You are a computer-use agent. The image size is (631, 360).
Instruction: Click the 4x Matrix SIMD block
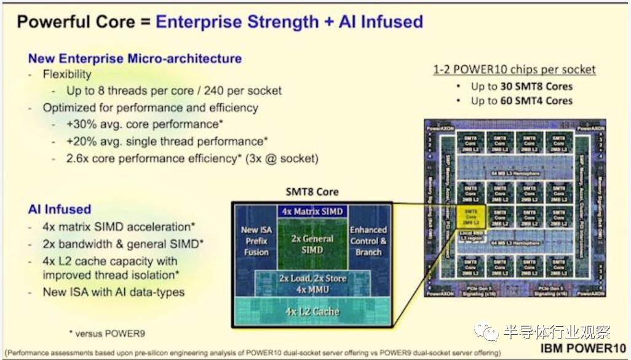(312, 212)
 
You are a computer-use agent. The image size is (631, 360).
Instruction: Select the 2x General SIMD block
(312, 244)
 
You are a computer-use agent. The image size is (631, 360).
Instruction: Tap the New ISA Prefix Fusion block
(256, 241)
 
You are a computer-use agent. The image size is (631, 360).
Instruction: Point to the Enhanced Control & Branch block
(368, 241)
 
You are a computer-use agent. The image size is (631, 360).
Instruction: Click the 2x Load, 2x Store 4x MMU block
(312, 283)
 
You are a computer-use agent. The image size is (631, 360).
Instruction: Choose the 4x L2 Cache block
(312, 311)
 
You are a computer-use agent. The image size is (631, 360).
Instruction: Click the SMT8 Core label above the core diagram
(312, 191)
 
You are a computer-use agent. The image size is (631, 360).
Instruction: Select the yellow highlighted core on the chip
(470, 216)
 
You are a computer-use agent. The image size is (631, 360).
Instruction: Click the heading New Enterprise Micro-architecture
(135, 58)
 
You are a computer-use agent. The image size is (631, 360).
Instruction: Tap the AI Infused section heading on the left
(59, 209)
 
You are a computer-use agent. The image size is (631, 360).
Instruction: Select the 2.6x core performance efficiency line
(192, 158)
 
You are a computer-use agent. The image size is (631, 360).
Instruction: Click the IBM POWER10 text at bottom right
(584, 349)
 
